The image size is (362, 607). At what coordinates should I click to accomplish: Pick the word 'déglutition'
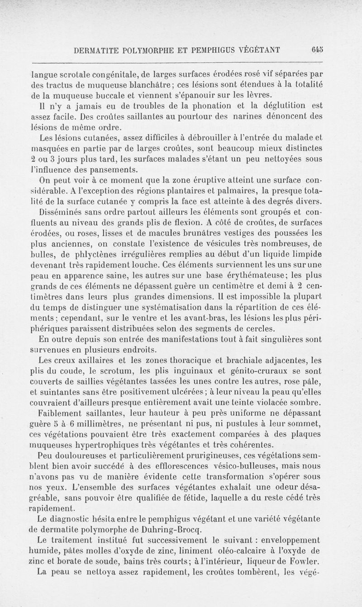(x=281, y=107)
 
